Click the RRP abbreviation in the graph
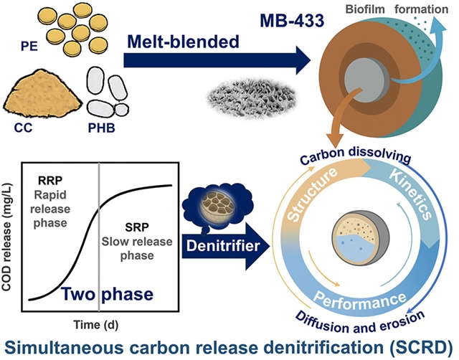[44, 174]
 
